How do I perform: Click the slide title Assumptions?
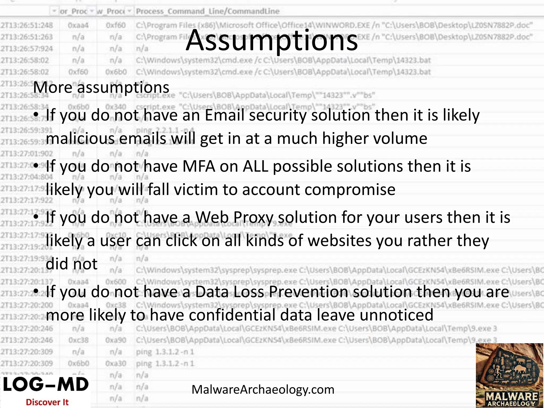[x=272, y=40]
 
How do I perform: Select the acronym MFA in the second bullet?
[x=199, y=167]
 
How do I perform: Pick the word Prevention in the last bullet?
[x=308, y=292]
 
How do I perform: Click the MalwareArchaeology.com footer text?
[x=263, y=390]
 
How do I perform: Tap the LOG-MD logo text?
[x=46, y=384]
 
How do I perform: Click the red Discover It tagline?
[x=47, y=402]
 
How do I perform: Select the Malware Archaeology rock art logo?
[x=509, y=375]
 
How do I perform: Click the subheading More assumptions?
[x=101, y=87]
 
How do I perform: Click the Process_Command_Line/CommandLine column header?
[x=208, y=11]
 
